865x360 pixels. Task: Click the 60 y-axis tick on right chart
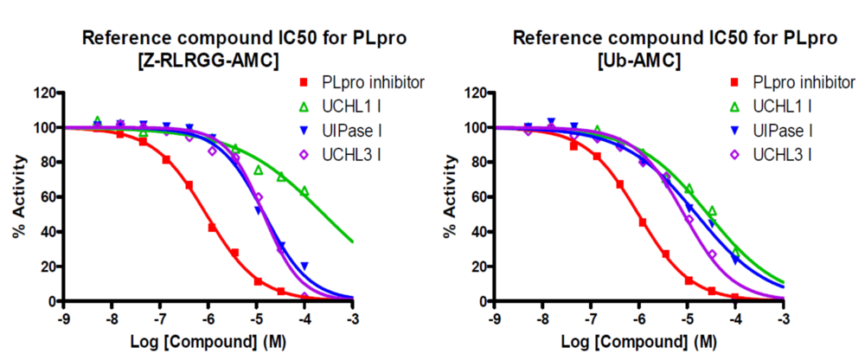[481, 196]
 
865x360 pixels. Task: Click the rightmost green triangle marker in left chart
[304, 191]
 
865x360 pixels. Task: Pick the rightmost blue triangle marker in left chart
[304, 266]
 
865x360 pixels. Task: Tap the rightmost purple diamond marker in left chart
[304, 297]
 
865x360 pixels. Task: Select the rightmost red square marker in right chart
[735, 297]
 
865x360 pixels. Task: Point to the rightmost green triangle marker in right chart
[736, 251]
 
